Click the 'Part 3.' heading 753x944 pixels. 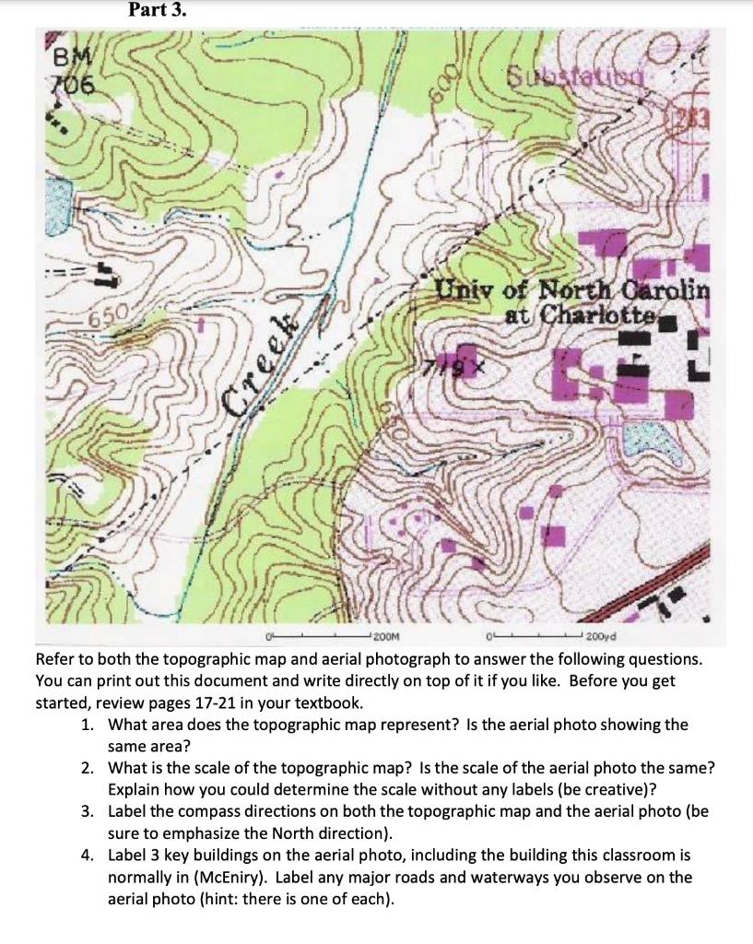click(x=157, y=11)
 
